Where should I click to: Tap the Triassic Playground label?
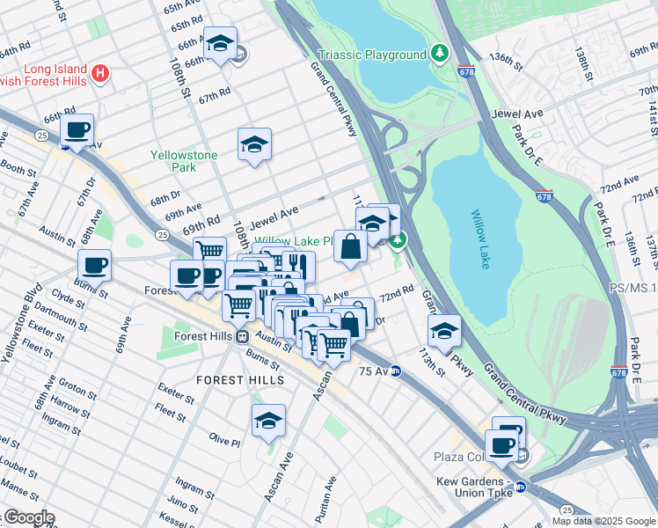(372, 55)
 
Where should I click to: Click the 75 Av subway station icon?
(396, 370)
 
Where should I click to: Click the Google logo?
(28, 517)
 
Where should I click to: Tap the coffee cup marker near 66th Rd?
(77, 130)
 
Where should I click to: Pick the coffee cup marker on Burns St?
(94, 264)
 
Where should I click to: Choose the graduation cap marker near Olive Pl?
(268, 421)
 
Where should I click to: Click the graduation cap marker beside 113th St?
(444, 332)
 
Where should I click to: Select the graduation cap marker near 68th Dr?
(254, 144)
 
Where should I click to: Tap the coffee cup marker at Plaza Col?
(501, 444)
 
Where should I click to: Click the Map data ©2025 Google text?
(603, 521)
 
